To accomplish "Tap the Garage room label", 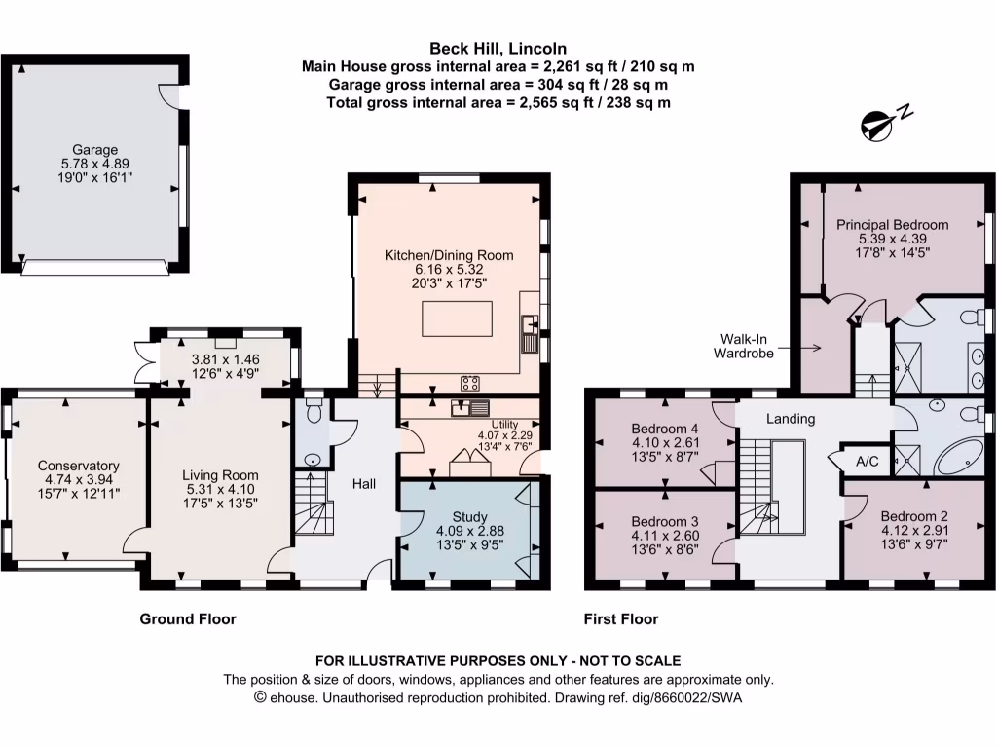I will [x=94, y=150].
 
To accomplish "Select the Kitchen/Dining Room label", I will [x=449, y=255].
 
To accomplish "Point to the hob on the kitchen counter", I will [x=468, y=382].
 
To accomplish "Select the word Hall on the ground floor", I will [x=364, y=484].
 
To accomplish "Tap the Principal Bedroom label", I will [x=892, y=224].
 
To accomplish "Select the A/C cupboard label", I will [x=867, y=462].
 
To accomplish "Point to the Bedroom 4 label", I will [x=664, y=429].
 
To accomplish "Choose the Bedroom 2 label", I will [x=913, y=516].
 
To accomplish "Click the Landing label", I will [x=790, y=419].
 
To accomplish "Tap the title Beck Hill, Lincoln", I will [x=498, y=48].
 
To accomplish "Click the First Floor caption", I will [x=620, y=618].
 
